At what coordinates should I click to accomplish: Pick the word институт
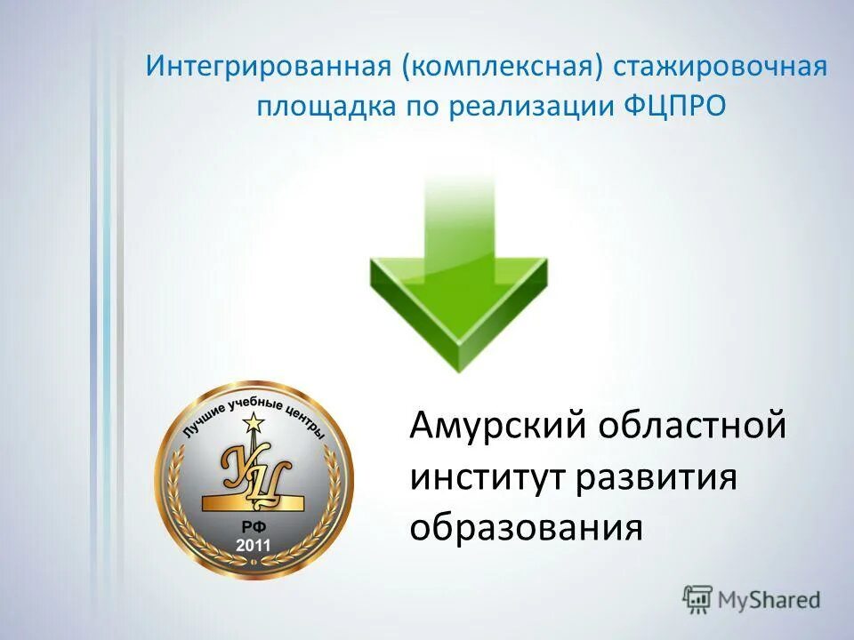coord(488,477)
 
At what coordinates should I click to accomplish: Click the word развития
coord(657,477)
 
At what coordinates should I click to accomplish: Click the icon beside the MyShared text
coord(698,600)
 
